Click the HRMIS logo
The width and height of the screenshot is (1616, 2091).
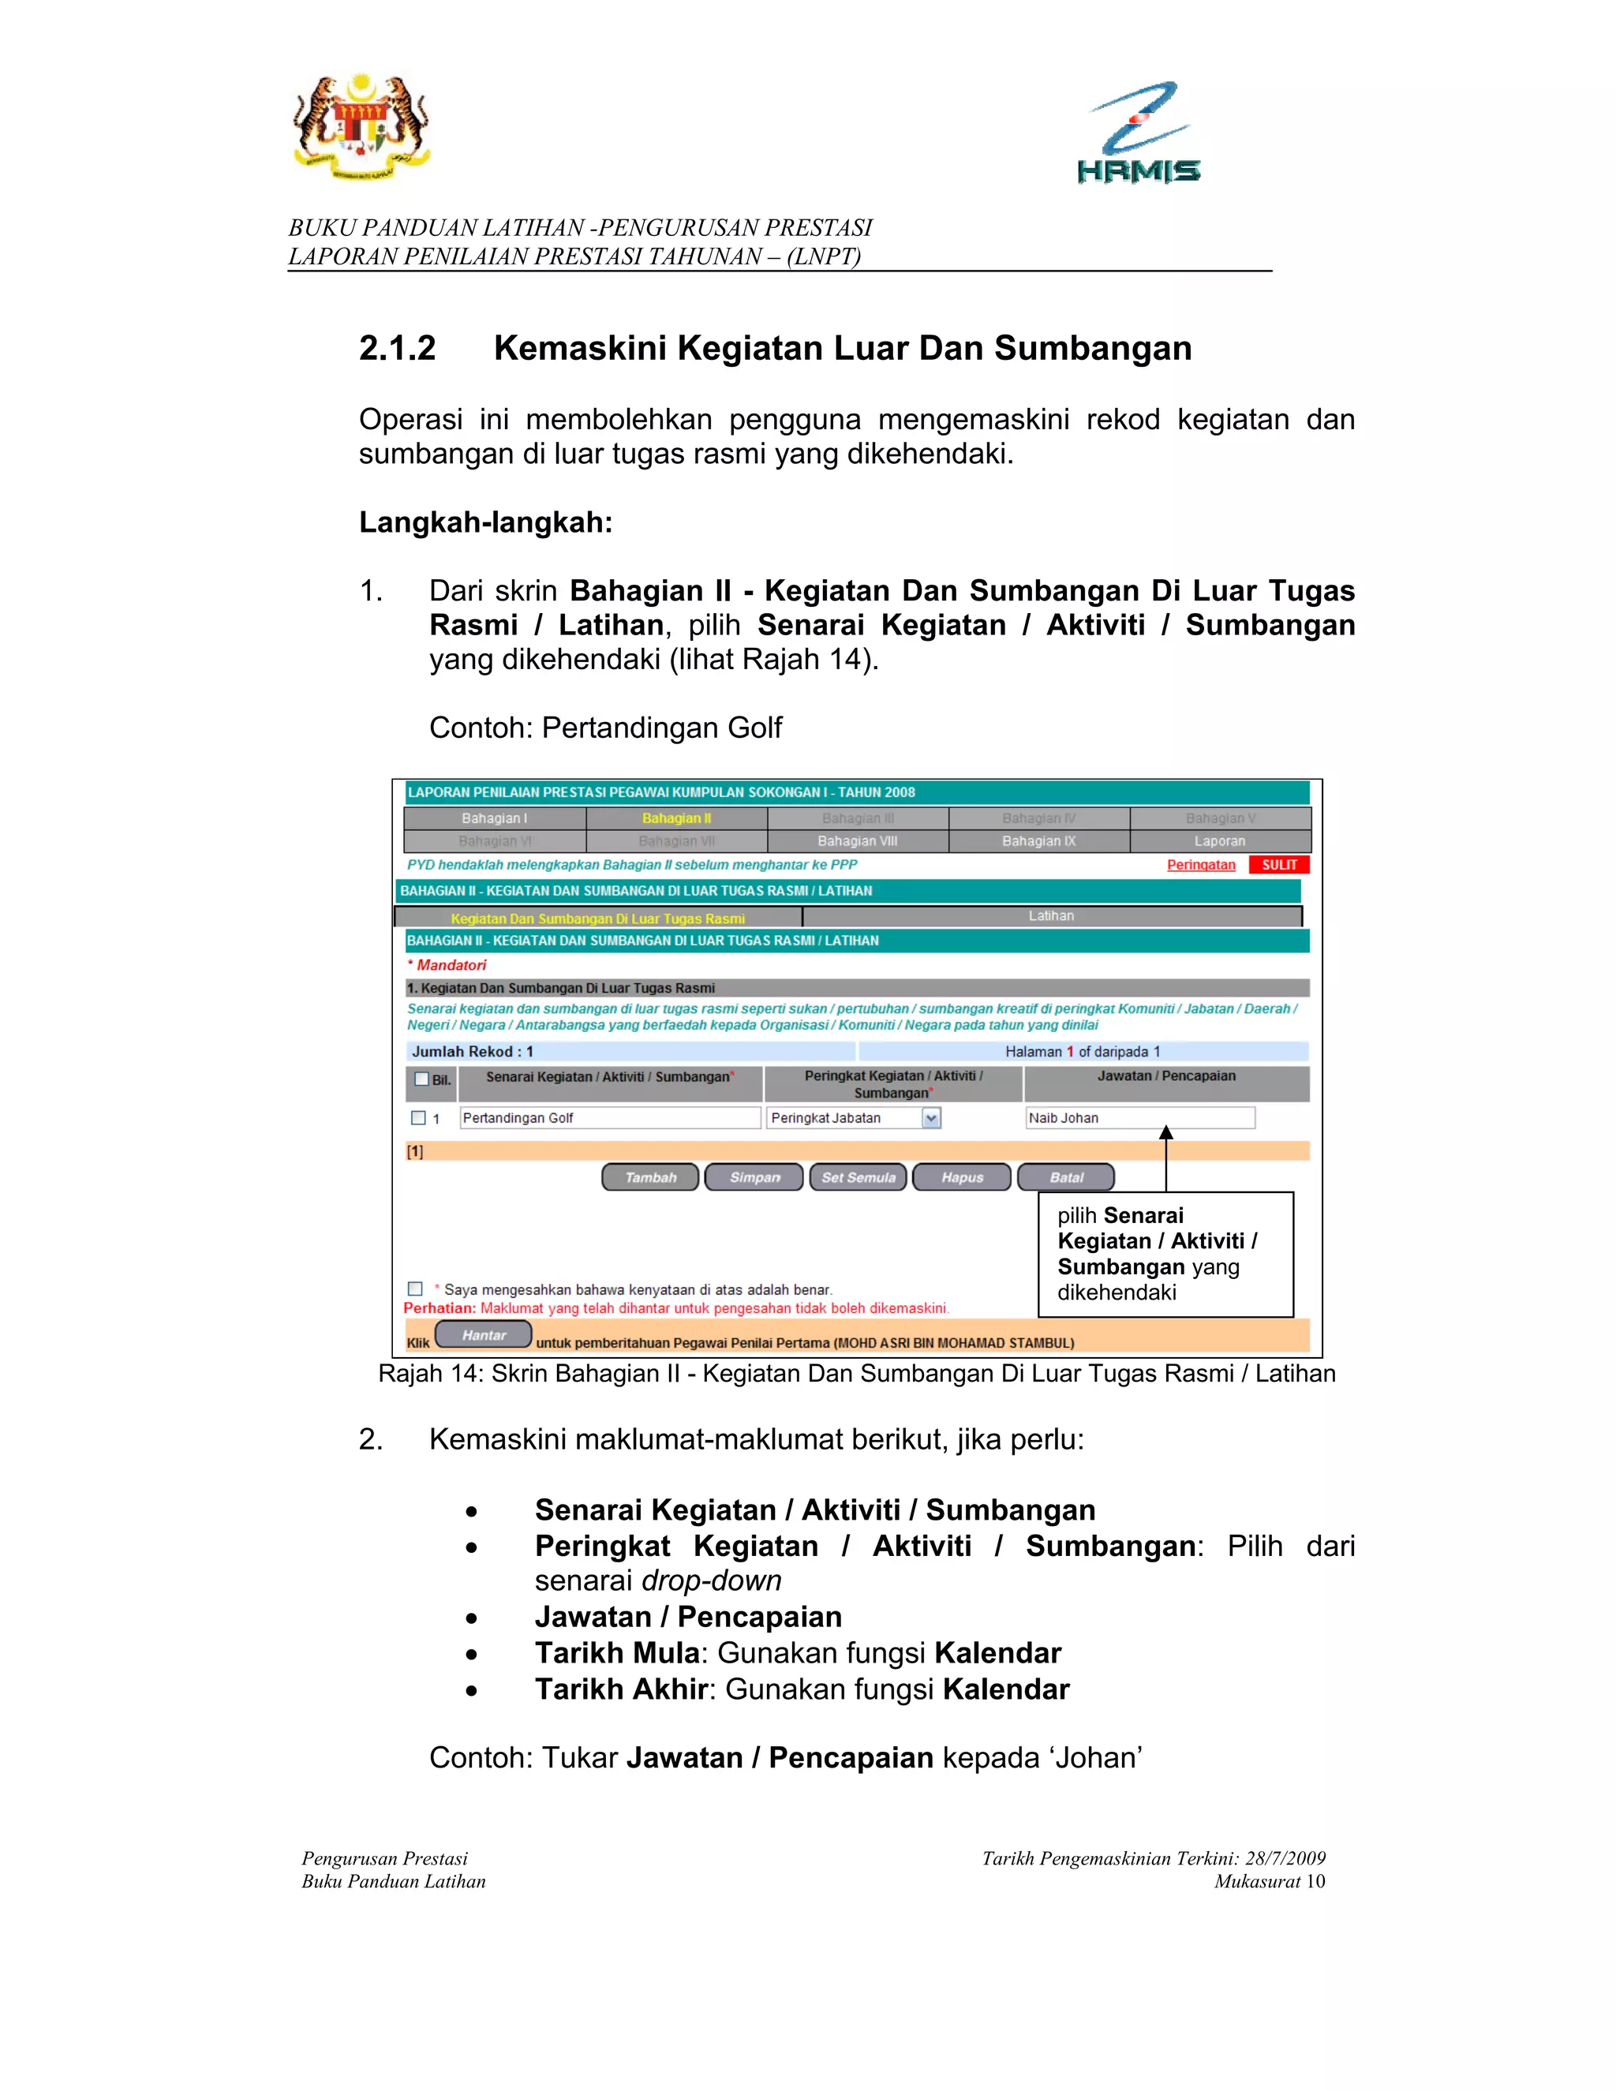1139,133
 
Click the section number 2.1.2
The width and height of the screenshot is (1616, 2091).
398,349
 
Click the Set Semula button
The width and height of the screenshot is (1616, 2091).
858,1176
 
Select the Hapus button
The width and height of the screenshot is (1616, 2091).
961,1176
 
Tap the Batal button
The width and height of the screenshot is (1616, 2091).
1065,1176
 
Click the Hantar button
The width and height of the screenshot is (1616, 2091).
484,1334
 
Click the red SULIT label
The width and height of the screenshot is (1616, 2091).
1278,865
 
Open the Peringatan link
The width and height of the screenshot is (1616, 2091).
1200,865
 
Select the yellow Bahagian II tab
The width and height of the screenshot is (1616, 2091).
676,818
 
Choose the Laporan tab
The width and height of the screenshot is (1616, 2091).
1220,840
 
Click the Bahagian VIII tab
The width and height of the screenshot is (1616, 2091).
857,840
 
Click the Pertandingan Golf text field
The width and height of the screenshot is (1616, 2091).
609,1117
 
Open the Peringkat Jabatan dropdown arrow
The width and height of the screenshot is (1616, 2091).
930,1117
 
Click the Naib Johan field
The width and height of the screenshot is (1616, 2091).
1139,1117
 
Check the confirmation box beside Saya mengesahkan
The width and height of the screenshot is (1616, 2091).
416,1289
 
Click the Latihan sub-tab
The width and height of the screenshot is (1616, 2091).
1050,916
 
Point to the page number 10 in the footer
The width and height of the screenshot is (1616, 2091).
1315,1881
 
